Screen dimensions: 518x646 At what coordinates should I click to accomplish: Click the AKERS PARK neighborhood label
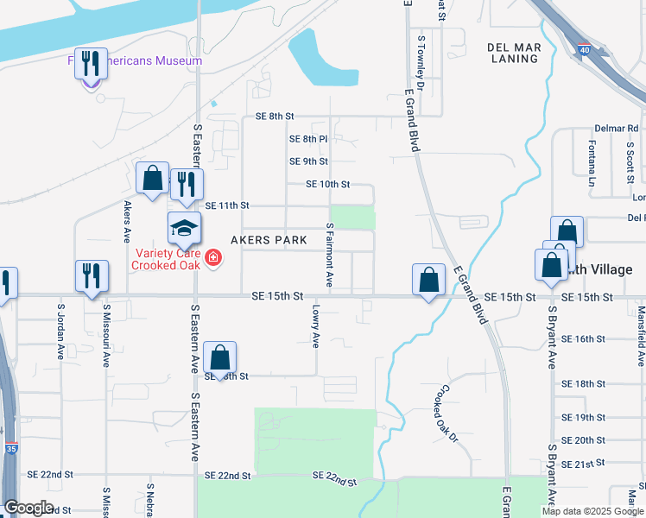(x=268, y=240)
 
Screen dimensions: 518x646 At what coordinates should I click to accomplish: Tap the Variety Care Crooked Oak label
(x=167, y=259)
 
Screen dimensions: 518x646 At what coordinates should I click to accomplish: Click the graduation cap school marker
(x=184, y=229)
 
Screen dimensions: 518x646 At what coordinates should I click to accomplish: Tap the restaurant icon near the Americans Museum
(x=91, y=64)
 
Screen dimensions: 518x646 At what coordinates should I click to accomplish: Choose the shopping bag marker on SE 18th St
(x=219, y=357)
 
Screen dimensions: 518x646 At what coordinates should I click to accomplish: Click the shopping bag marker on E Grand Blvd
(x=428, y=280)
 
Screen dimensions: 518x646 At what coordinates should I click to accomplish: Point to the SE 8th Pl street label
(x=307, y=139)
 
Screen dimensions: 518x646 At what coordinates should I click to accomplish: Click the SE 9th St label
(x=308, y=161)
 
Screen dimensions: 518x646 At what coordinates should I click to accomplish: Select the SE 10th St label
(x=327, y=185)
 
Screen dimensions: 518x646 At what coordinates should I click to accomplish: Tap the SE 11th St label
(x=228, y=205)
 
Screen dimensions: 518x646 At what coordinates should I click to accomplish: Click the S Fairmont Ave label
(x=329, y=254)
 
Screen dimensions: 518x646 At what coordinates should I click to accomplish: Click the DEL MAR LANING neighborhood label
(x=513, y=53)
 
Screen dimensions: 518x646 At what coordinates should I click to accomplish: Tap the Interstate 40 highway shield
(x=585, y=52)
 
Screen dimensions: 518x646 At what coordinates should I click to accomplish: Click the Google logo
(x=28, y=508)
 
